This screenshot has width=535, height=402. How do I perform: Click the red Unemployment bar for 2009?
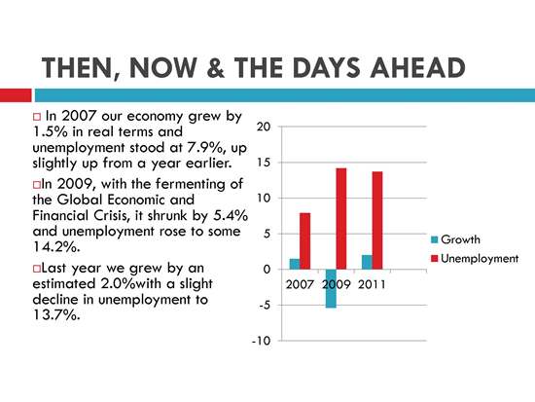point(341,219)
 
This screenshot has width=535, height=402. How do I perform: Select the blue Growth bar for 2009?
point(331,289)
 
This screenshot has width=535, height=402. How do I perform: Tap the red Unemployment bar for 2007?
point(305,241)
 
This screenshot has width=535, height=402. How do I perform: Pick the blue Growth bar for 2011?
point(367,262)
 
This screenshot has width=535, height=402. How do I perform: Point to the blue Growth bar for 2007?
point(295,264)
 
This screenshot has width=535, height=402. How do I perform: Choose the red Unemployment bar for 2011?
point(377,220)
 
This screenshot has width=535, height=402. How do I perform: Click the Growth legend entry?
point(456,239)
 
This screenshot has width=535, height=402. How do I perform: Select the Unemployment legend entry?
point(475,259)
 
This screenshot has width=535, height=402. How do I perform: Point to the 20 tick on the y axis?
point(264,127)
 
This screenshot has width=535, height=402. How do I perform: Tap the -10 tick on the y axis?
point(262,341)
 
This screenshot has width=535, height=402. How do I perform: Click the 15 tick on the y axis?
point(264,163)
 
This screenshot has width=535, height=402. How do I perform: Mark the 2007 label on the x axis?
point(300,284)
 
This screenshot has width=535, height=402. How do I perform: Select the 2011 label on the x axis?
point(372,284)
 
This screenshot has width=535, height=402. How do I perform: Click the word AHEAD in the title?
point(418,67)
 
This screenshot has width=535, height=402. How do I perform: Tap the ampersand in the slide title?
point(216,67)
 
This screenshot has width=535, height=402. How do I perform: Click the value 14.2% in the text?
point(56,246)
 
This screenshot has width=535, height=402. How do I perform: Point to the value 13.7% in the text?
point(56,314)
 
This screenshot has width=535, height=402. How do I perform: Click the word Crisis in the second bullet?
point(105,215)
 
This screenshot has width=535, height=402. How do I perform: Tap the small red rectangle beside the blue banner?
point(16,95)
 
